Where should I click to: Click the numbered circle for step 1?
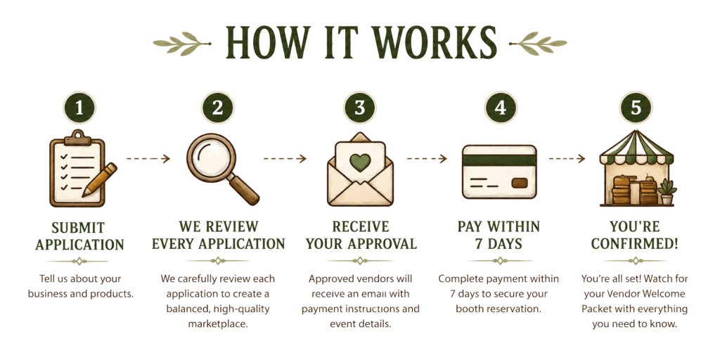tap(79, 108)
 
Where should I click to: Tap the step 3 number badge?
tap(359, 108)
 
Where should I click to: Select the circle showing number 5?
tap(636, 108)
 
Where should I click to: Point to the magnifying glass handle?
tap(244, 190)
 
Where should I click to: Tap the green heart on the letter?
tap(360, 162)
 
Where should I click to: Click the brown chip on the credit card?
tap(519, 184)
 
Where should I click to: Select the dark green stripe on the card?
tap(499, 160)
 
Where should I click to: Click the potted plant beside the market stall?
tap(667, 192)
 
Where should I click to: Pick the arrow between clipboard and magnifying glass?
tap(148, 159)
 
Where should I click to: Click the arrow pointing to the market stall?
tap(567, 159)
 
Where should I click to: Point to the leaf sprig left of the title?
tap(182, 44)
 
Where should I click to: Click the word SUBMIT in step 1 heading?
tap(78, 228)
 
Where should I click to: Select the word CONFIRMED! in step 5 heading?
tap(635, 244)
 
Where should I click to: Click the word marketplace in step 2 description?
tap(218, 323)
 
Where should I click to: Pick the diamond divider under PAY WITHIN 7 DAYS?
tap(500, 261)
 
